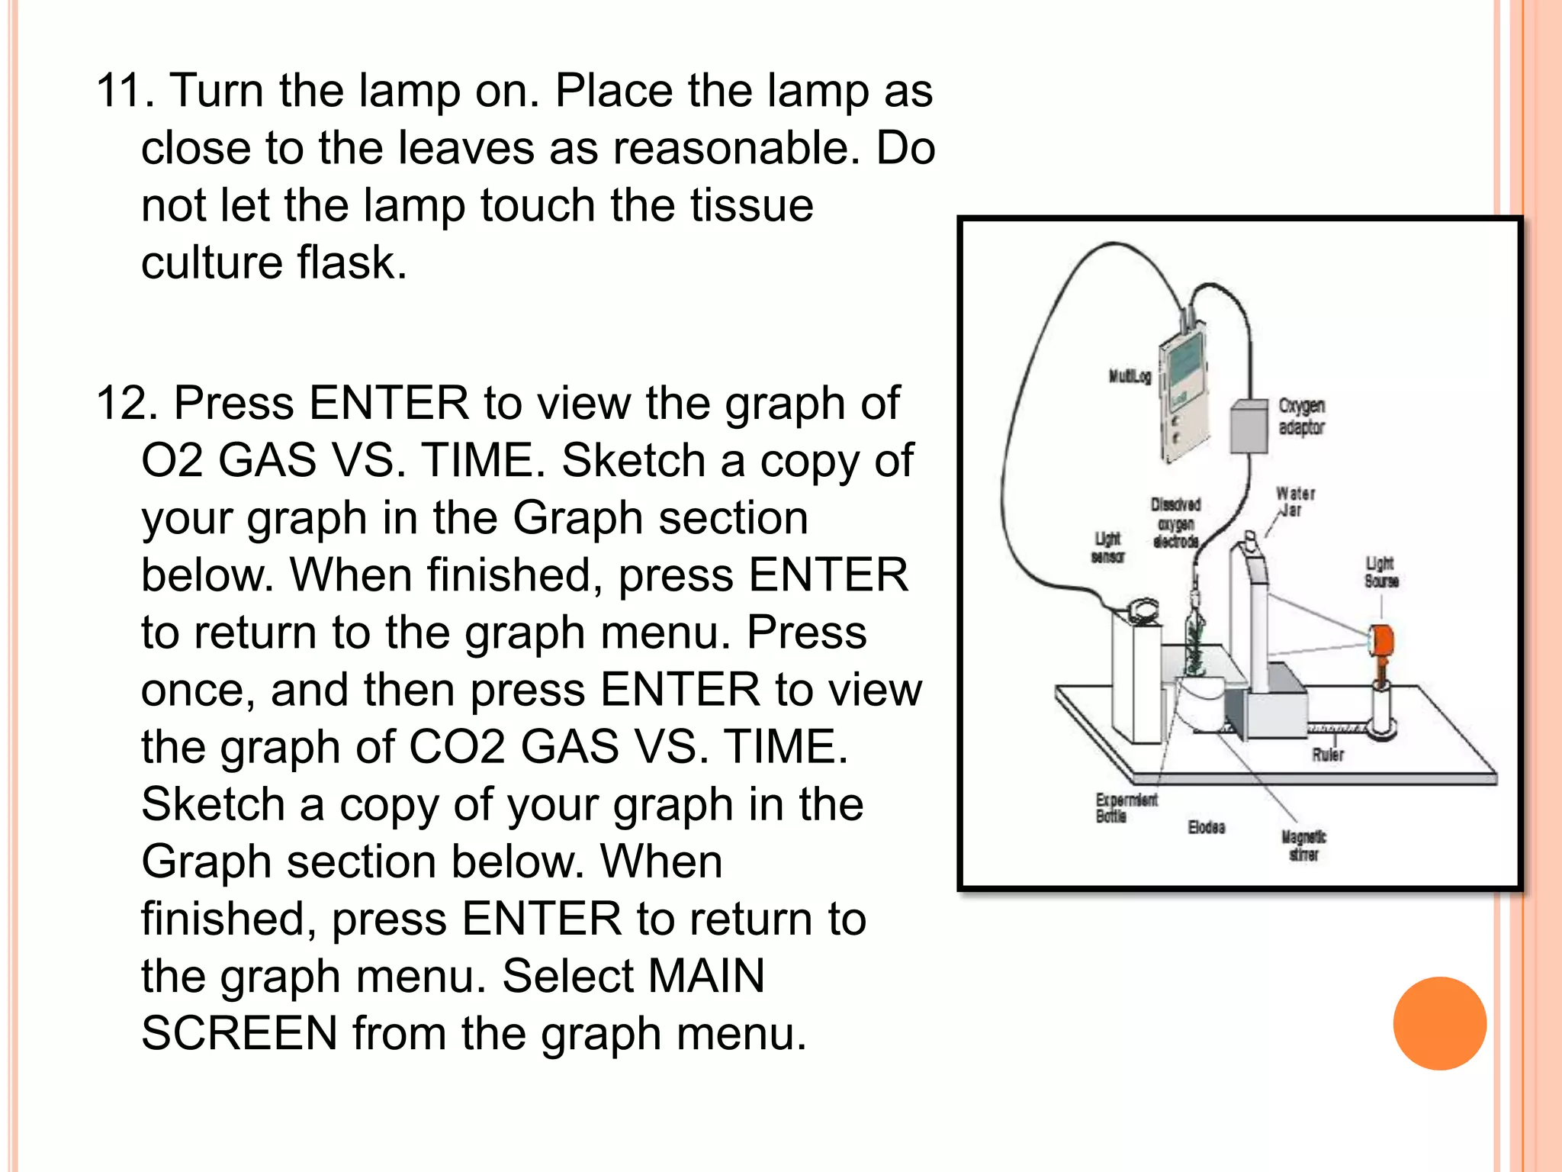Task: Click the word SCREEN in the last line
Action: [239, 1034]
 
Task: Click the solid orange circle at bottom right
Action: [1439, 1023]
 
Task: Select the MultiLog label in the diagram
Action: [1129, 376]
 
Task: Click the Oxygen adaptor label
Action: [1301, 417]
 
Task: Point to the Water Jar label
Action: [1295, 502]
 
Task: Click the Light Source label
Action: [1381, 572]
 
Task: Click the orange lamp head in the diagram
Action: [1381, 639]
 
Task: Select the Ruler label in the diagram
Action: [1327, 755]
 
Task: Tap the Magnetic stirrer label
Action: [1303, 846]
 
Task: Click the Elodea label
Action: [1206, 828]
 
